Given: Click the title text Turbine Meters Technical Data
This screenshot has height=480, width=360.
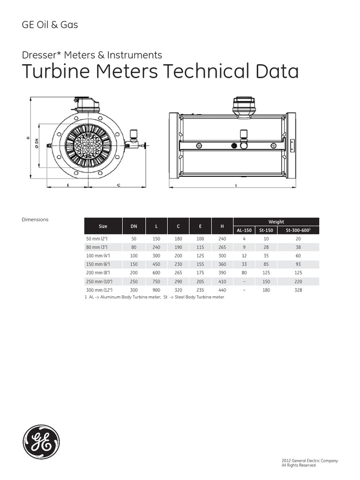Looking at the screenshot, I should click(160, 72).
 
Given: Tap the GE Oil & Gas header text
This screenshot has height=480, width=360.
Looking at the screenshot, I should click(50, 25).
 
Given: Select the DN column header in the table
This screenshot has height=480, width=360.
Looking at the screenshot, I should click(134, 226).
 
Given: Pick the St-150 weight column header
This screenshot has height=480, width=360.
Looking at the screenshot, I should click(266, 230).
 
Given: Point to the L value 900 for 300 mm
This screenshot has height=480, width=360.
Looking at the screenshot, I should click(157, 290).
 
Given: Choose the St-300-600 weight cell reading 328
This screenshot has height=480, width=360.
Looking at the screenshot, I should click(299, 290).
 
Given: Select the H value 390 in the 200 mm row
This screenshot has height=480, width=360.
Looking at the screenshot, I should click(222, 273).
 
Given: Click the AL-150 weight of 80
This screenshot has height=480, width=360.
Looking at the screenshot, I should click(244, 273).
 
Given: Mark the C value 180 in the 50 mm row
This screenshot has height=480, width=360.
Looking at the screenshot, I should click(178, 238).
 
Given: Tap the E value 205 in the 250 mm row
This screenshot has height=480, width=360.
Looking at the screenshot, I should click(200, 281).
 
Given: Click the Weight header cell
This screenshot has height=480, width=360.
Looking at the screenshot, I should click(276, 222).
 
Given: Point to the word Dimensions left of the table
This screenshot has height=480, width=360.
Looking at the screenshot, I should click(35, 219).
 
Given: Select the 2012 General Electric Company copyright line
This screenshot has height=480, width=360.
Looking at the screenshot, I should click(309, 461).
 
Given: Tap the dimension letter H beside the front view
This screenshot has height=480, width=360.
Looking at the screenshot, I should click(28, 138).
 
